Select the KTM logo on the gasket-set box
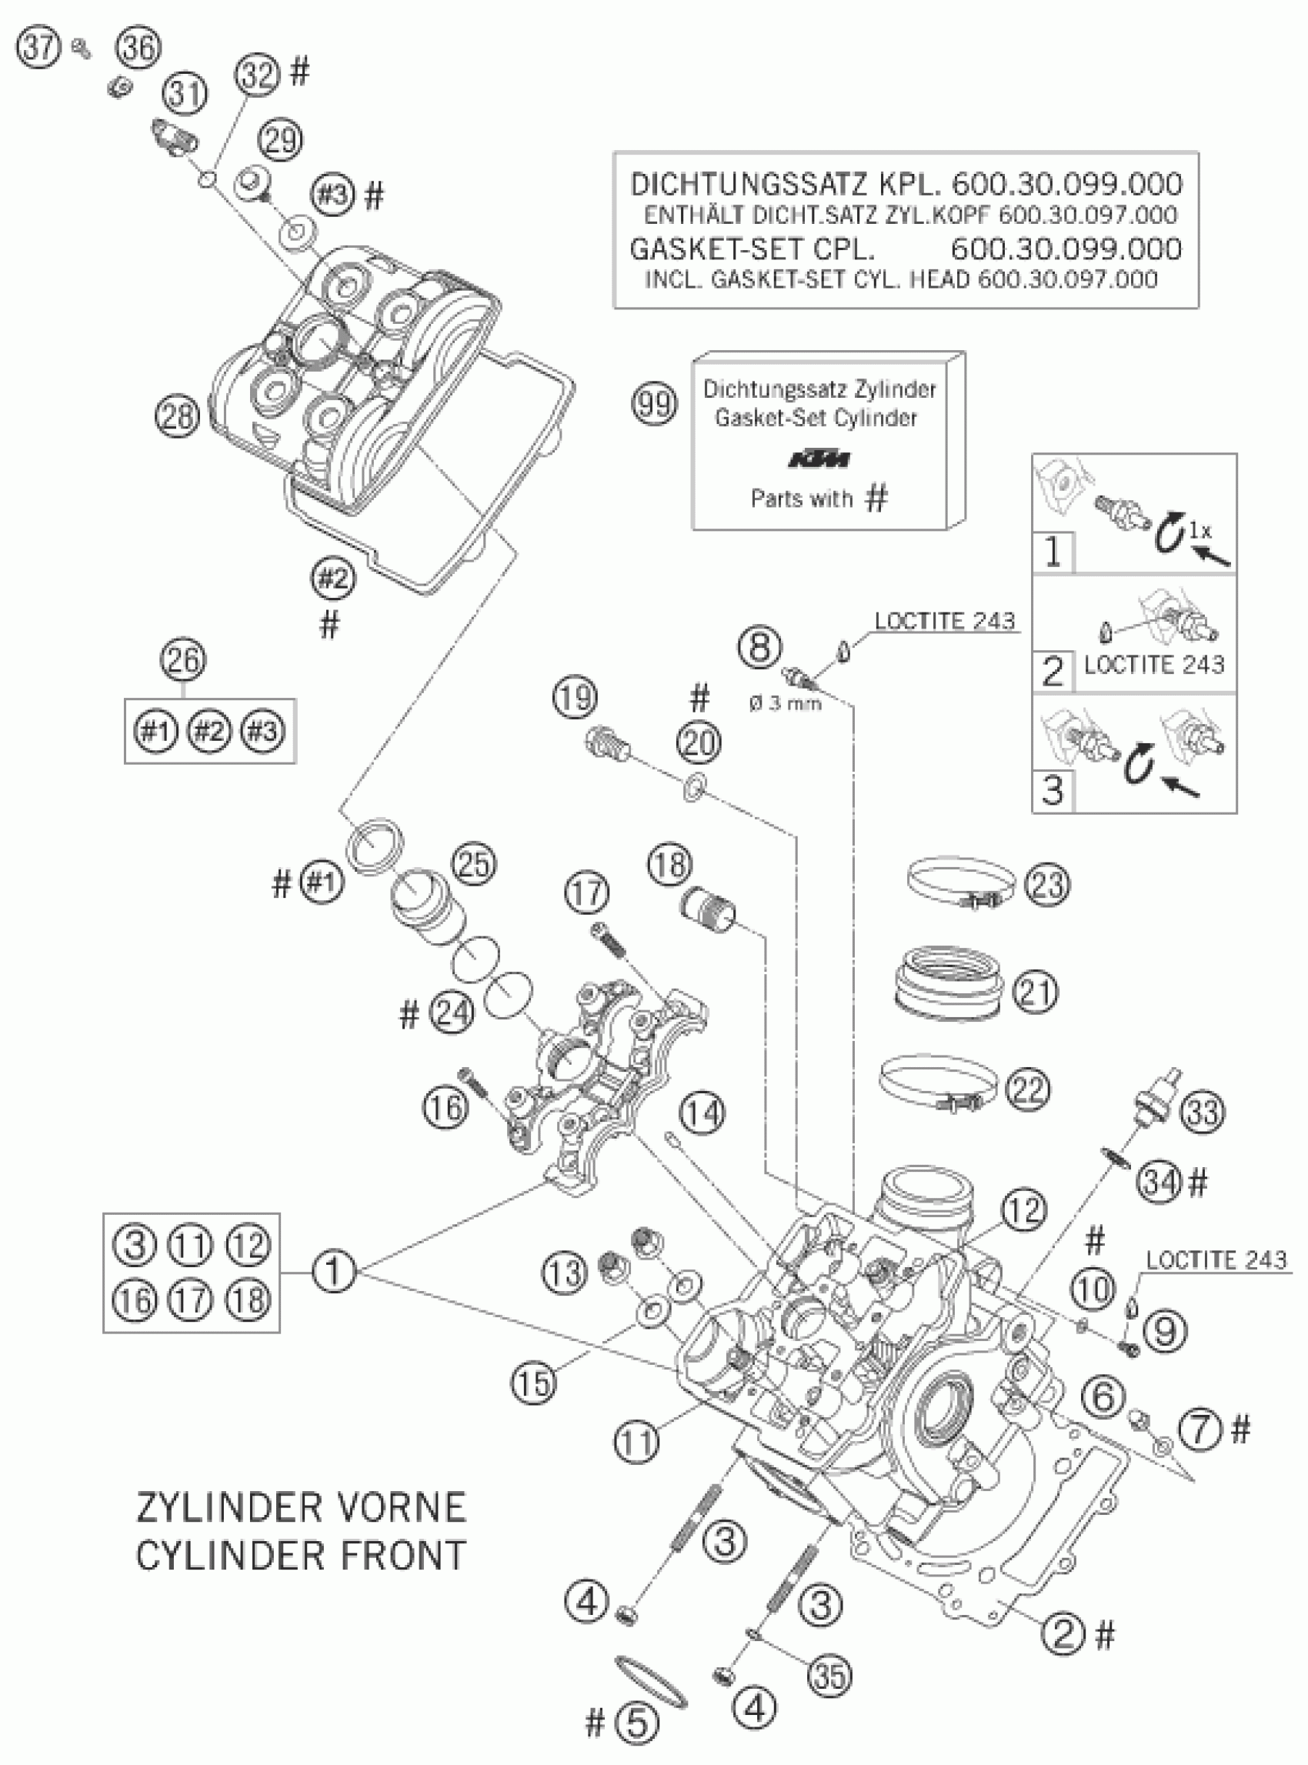click(820, 459)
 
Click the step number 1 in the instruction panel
click(1053, 551)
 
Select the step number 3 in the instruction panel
click(1053, 790)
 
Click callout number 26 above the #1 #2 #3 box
click(183, 659)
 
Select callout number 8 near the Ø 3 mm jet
click(759, 646)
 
